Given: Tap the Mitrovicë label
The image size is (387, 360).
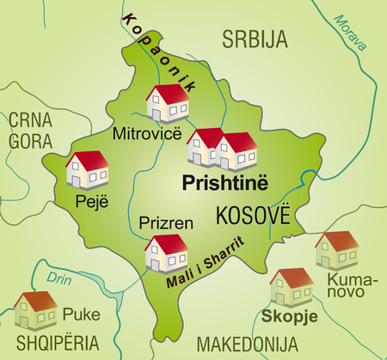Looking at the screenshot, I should click(144, 133).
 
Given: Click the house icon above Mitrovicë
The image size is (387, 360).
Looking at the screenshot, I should click(167, 104).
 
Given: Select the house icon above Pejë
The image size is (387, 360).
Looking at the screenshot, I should click(88, 169).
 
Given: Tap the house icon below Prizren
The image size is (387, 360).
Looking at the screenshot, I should click(167, 252).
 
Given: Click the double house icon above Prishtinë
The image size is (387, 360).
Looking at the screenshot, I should click(222, 148).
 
